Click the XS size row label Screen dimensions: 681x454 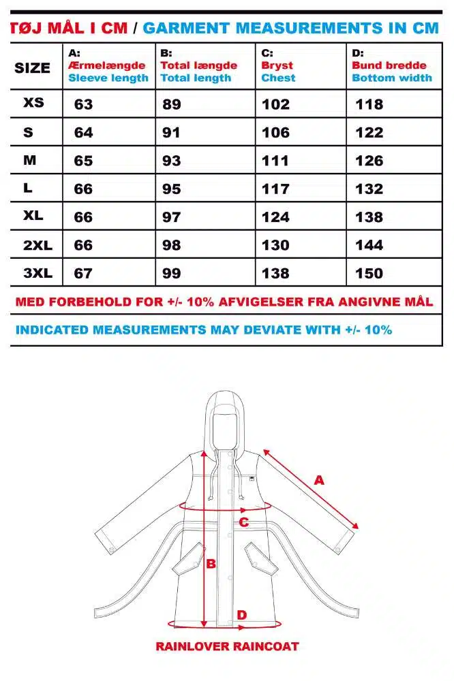click(33, 103)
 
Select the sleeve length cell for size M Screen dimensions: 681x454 click(83, 161)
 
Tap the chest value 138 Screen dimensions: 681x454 click(275, 273)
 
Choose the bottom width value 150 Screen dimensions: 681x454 click(369, 273)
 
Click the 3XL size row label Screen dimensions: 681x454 click(37, 273)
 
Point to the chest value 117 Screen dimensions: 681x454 click(275, 189)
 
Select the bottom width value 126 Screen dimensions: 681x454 click(369, 161)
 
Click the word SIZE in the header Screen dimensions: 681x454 click(32, 68)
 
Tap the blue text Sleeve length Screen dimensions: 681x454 click(108, 78)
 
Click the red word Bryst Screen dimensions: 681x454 click(277, 65)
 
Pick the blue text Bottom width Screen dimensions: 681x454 click(392, 78)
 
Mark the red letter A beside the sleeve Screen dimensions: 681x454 click(319, 480)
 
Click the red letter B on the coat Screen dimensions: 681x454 click(211, 564)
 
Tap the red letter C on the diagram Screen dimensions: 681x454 click(243, 522)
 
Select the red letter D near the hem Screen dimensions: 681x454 click(242, 615)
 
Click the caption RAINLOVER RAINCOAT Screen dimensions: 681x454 click(227, 646)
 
